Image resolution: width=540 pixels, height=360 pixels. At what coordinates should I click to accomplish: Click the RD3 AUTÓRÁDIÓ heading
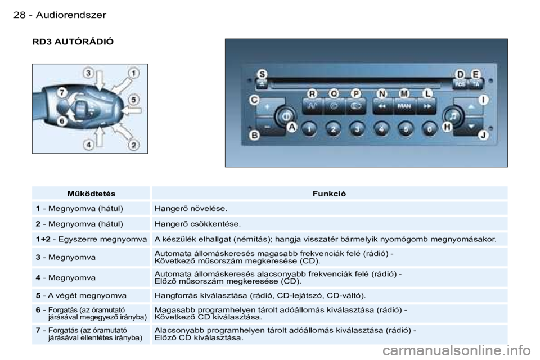coord(73,42)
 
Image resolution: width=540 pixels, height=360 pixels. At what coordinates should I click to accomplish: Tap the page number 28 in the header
coord(19,15)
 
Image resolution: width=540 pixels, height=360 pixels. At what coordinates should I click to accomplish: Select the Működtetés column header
coord(91,193)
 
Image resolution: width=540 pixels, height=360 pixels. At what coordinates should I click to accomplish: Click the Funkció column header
coord(329,193)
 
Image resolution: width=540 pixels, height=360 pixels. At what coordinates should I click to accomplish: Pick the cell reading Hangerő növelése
coord(191,209)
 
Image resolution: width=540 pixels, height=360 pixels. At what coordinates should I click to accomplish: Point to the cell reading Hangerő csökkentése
coord(197,224)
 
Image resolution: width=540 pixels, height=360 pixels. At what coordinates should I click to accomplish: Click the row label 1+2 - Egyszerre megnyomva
coord(91,239)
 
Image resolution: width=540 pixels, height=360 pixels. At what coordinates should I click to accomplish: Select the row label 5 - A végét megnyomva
coord(81,295)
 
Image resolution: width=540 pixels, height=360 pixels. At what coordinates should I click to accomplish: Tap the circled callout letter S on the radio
coord(263,74)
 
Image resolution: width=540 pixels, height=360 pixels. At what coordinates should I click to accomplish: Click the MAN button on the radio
coord(404,106)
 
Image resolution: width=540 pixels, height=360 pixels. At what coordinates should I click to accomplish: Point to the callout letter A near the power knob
coord(292,127)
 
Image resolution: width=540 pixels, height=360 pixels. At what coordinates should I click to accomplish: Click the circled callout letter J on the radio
coord(483,135)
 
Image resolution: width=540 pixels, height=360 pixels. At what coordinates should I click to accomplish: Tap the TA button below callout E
coord(476,84)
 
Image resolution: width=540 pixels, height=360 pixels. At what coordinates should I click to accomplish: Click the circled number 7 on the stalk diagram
coord(62,93)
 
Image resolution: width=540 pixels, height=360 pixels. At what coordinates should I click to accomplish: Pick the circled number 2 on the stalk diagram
coord(134,145)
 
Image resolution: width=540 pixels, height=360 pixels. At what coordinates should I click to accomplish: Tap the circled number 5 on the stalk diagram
coord(134,100)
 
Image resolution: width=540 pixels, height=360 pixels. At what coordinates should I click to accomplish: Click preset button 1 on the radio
coord(309,129)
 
